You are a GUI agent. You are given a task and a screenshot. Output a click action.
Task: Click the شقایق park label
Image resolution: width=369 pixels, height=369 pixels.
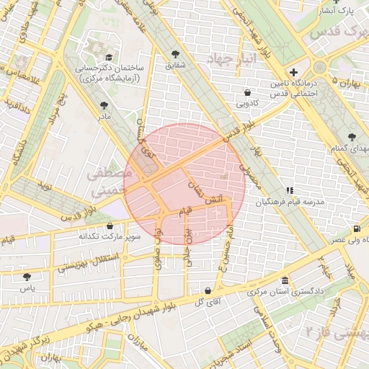coord(176,66)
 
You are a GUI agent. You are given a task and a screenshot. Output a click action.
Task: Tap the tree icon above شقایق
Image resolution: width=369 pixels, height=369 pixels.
coord(176,54)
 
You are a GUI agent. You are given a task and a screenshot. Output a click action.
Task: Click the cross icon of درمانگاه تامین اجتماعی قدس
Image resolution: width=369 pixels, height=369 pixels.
coord(293,72)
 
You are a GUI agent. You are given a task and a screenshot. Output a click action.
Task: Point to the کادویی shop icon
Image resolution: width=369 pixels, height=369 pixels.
coord(248,92)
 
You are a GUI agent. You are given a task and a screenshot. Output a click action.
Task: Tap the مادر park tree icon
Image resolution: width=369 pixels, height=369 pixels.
coord(105,105)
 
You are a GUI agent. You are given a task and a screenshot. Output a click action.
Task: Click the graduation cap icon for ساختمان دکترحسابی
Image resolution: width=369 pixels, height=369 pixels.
coord(108,57)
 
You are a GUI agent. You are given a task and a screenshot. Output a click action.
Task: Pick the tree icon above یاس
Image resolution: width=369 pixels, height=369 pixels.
coord(27,276)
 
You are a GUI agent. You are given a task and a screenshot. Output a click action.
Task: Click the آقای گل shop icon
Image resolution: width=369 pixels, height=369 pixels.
coord(208,290)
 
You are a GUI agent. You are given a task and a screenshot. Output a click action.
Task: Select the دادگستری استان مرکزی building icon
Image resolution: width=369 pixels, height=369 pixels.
coord(286,281)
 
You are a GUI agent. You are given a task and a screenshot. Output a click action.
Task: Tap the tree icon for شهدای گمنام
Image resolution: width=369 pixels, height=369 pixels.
coord(352,137)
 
